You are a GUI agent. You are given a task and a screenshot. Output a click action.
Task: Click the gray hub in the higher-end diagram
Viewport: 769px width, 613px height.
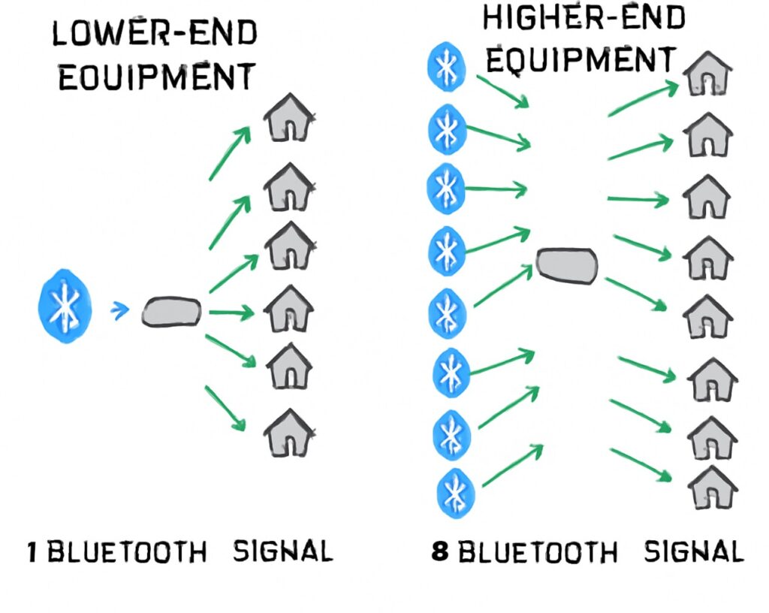click(567, 266)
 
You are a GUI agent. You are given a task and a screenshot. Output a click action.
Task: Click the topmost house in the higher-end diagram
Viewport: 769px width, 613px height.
click(707, 74)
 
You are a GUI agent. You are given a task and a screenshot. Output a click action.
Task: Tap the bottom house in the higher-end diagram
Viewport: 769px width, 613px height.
click(712, 488)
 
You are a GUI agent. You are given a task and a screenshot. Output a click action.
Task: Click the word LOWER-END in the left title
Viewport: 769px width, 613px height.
click(154, 33)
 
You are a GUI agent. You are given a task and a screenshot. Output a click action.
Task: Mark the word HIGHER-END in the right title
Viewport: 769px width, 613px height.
click(584, 18)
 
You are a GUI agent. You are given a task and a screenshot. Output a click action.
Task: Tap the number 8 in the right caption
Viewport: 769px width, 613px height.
click(440, 552)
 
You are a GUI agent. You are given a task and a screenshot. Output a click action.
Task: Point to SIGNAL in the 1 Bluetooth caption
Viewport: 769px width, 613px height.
click(282, 552)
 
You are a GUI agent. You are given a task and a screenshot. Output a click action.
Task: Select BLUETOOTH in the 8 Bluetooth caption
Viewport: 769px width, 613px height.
click(538, 552)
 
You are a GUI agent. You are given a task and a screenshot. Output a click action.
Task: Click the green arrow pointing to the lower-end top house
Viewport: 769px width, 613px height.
click(229, 153)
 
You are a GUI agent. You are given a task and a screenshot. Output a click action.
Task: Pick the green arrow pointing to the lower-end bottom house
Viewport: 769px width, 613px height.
click(225, 408)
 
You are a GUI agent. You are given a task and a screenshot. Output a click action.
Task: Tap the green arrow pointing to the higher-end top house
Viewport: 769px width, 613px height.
click(642, 99)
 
